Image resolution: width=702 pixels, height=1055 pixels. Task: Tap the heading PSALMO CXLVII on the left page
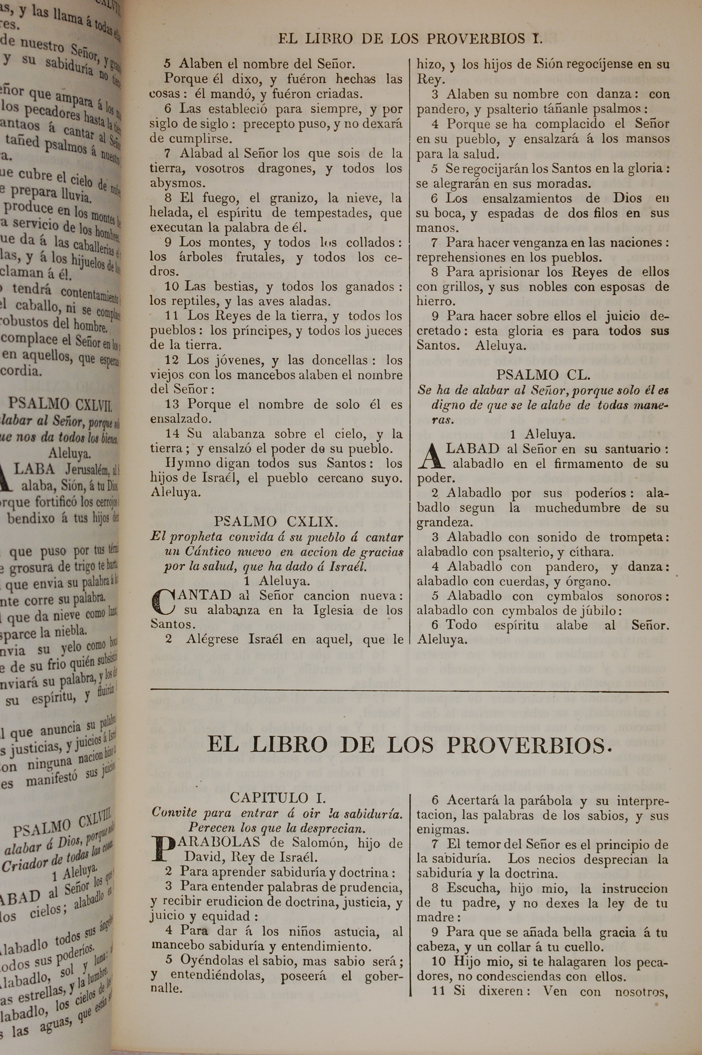[x=60, y=405]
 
